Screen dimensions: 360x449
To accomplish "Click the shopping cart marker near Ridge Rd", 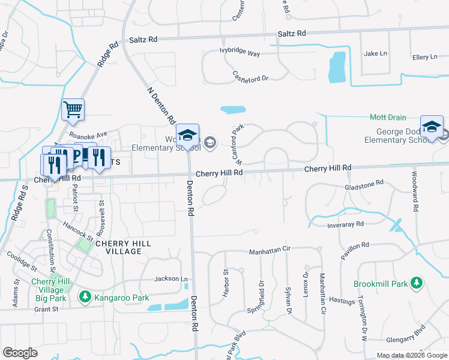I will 73,109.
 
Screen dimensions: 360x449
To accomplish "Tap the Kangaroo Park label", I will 119,296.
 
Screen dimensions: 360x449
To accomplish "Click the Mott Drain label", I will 388,118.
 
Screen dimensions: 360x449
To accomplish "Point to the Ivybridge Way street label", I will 240,54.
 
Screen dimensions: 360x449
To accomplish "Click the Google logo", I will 20,353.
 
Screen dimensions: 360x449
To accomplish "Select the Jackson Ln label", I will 171,279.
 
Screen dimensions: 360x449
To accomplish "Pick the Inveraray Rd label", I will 346,224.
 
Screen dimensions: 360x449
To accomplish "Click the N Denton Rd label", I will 160,104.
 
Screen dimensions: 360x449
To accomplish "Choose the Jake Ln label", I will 376,53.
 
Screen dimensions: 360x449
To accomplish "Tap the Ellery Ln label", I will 425,57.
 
